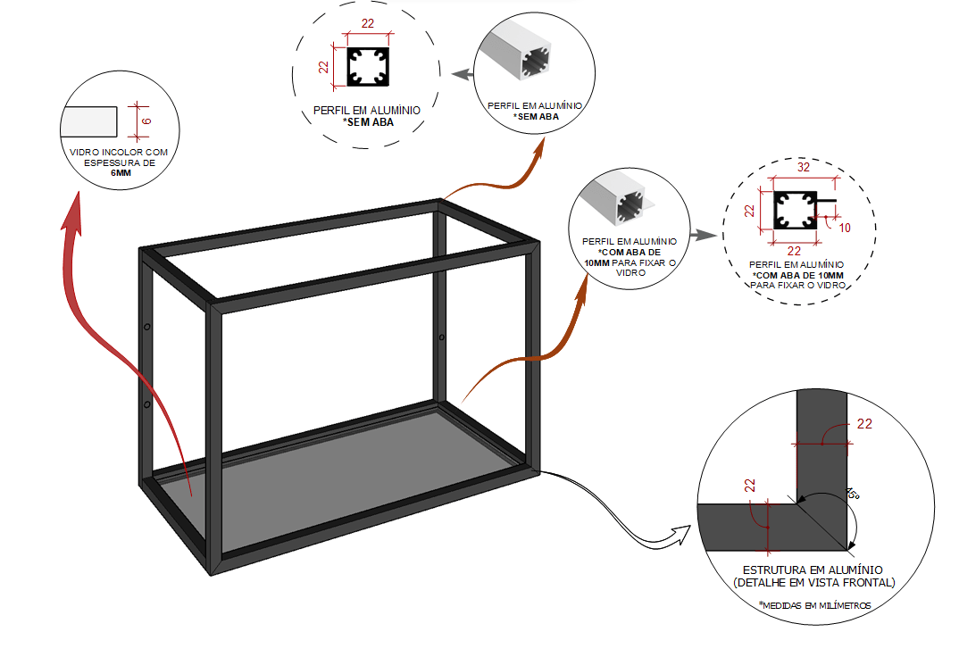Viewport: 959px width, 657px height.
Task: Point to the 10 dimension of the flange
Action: click(x=845, y=228)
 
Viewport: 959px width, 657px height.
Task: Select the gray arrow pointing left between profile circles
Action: click(x=461, y=76)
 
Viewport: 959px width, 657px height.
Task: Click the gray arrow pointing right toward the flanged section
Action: click(x=705, y=236)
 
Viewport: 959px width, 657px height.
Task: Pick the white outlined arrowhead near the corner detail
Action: click(x=681, y=536)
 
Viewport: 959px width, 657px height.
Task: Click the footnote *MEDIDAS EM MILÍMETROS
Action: click(x=814, y=605)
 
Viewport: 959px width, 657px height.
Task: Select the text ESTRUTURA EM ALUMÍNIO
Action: click(x=813, y=570)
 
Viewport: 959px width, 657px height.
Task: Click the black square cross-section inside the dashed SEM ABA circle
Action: click(x=366, y=66)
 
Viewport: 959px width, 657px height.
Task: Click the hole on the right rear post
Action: click(x=441, y=337)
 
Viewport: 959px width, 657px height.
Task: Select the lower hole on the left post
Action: click(x=147, y=404)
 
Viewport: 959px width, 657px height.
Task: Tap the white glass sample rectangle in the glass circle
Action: click(x=89, y=120)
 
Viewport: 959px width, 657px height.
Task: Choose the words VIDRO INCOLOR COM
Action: click(x=119, y=153)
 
